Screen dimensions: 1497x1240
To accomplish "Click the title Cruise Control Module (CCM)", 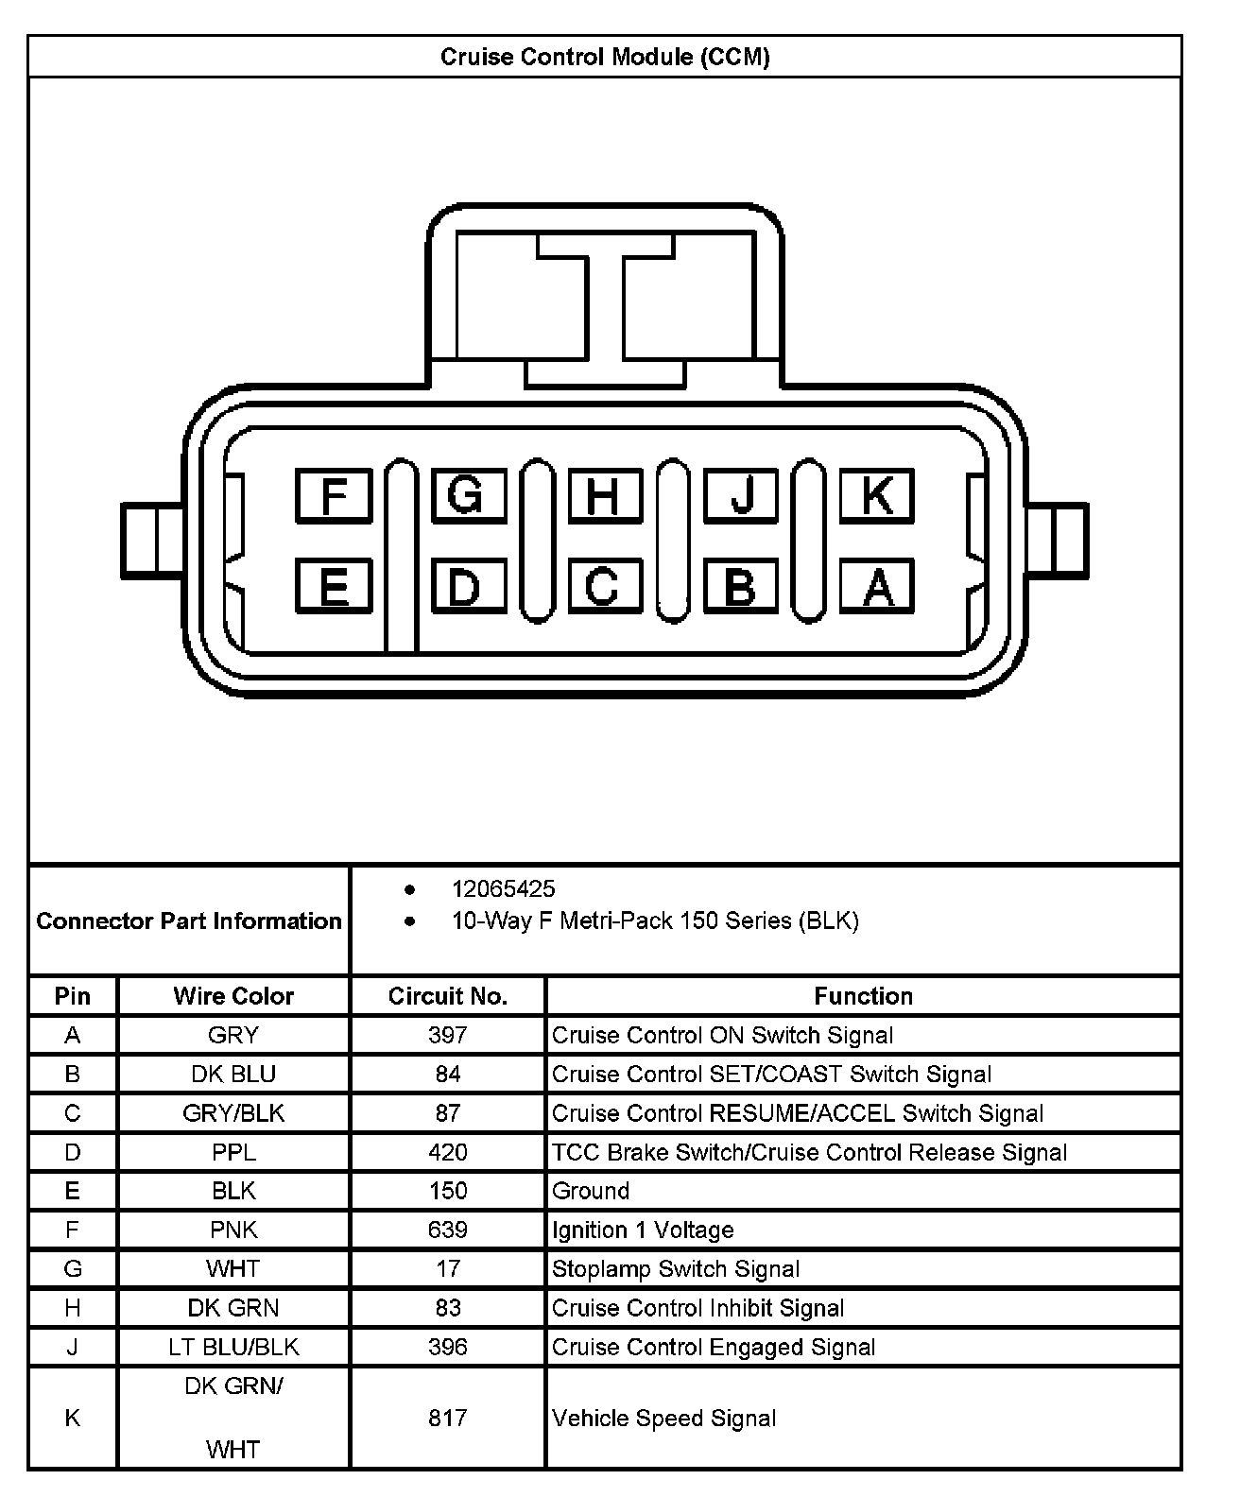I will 605,57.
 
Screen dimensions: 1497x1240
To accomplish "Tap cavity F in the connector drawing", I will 334,495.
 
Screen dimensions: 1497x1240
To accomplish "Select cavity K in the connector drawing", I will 877,495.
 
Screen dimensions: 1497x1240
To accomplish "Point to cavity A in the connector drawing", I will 877,586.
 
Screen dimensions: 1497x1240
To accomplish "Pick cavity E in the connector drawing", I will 334,586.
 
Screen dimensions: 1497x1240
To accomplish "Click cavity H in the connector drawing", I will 605,495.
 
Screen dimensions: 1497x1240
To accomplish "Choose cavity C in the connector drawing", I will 605,586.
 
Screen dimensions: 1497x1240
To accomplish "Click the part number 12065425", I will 503,888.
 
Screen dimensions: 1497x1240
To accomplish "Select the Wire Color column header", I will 233,996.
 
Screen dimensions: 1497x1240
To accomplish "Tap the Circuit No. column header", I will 447,996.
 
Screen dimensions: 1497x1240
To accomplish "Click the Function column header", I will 863,996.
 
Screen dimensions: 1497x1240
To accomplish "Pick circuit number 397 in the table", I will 447,1035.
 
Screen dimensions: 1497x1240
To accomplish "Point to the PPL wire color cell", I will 233,1152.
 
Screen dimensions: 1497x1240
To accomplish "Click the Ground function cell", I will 591,1191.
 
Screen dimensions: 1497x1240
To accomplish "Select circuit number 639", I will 447,1230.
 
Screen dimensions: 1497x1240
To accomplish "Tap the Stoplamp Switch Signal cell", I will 676,1269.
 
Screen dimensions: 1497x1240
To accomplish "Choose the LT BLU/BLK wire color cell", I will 233,1347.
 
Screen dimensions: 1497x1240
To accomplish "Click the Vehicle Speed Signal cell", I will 663,1418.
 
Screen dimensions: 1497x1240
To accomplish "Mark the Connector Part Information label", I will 189,921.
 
